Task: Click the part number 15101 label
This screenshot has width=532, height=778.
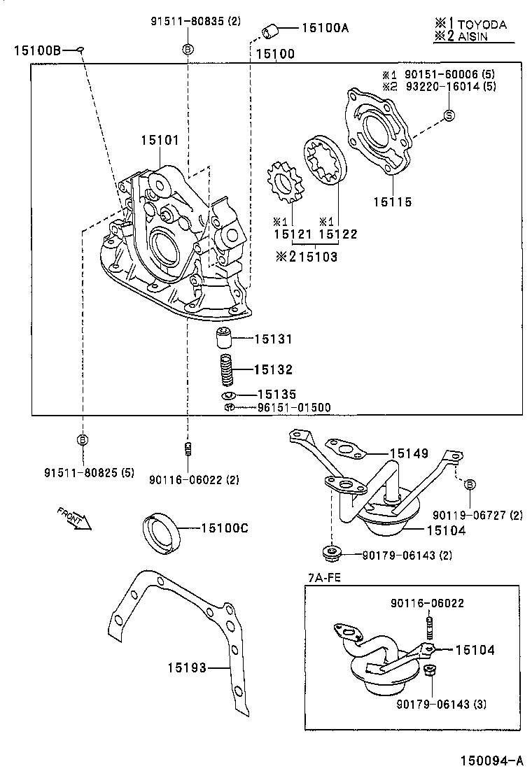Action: (160, 140)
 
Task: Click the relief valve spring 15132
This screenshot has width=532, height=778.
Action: (225, 370)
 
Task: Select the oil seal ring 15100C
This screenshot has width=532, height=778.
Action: (162, 534)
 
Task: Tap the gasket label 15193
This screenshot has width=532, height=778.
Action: (187, 667)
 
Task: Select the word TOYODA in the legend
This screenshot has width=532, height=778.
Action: (482, 24)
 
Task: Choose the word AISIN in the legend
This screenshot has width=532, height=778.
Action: (475, 36)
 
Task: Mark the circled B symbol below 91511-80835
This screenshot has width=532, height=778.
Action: (187, 49)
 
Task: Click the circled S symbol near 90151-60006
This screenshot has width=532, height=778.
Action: (449, 115)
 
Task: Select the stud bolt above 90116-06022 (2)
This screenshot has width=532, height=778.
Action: (187, 447)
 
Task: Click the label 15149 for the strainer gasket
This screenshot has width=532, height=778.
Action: (409, 453)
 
